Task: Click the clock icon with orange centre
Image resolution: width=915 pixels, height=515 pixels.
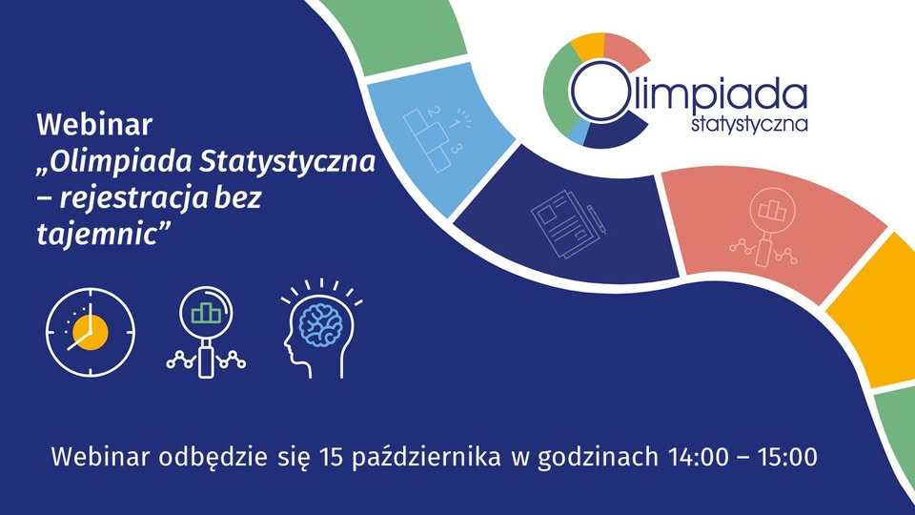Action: pyautogui.click(x=91, y=332)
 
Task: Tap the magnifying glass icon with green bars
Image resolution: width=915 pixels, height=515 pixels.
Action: pyautogui.click(x=206, y=333)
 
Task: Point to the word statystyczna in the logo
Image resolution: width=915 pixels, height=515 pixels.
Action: pyautogui.click(x=750, y=124)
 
